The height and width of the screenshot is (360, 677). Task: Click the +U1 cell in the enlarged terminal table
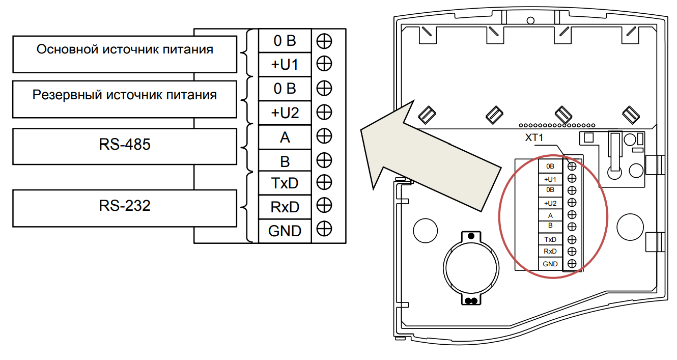click(285, 64)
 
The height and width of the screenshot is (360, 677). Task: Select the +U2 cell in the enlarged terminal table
click(285, 113)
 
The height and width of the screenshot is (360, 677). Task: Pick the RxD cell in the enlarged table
click(285, 207)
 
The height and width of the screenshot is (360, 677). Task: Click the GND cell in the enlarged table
click(285, 231)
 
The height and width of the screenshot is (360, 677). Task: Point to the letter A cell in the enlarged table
click(285, 137)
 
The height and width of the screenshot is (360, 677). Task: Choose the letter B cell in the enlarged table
click(285, 161)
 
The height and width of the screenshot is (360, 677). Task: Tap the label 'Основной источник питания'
click(125, 50)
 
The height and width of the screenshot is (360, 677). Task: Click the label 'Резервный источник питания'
click(125, 95)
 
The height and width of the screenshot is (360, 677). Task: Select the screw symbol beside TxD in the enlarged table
click(324, 182)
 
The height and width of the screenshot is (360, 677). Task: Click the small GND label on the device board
click(550, 264)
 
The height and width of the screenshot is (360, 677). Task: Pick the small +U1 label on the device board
click(550, 179)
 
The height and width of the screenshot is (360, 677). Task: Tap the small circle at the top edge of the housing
click(530, 20)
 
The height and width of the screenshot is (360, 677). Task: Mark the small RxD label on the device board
click(550, 252)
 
